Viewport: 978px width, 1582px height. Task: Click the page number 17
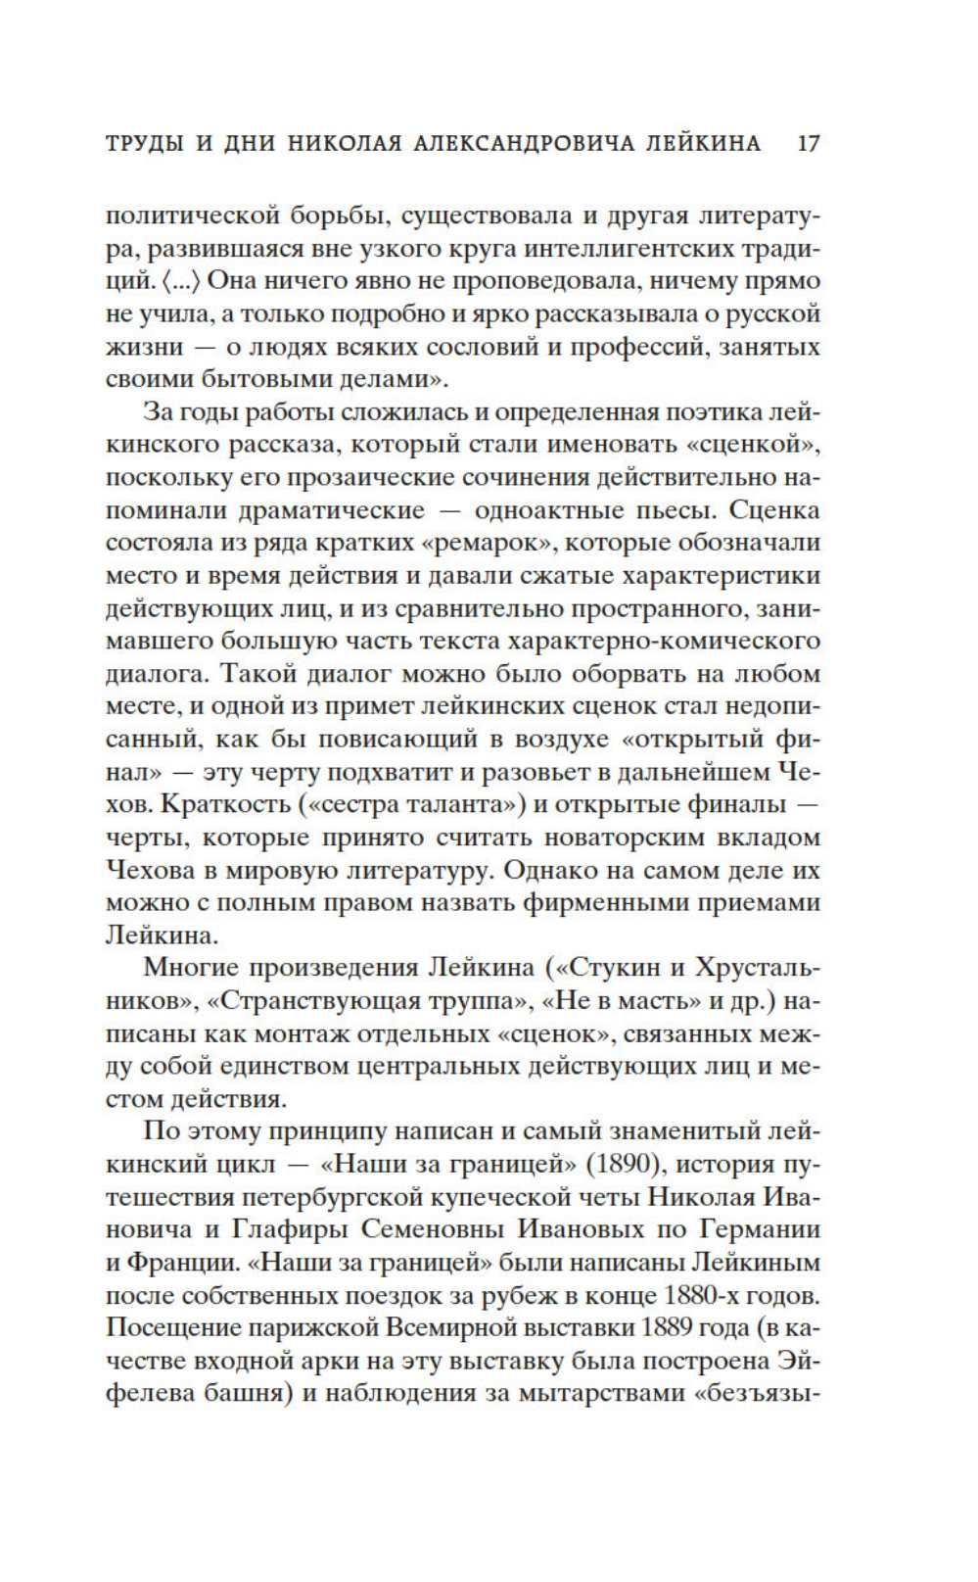[808, 143]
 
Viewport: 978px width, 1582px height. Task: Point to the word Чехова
[155, 871]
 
